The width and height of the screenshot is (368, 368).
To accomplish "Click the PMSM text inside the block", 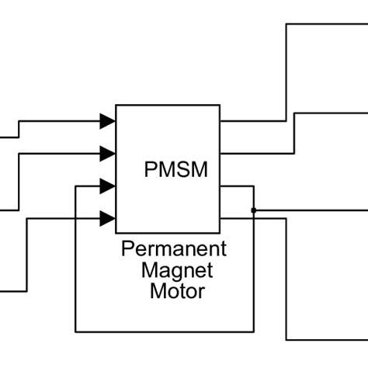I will tap(176, 169).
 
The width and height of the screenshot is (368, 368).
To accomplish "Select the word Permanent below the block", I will tap(174, 249).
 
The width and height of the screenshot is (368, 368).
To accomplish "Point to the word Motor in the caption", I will tap(177, 292).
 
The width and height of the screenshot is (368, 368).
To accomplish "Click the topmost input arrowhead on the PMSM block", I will tap(108, 121).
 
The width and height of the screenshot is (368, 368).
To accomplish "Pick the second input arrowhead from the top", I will tap(108, 153).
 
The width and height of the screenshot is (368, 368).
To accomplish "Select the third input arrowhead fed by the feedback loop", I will tap(108, 186).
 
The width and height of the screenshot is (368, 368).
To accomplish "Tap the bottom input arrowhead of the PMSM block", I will tap(108, 218).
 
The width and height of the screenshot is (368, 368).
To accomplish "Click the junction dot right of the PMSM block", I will tap(254, 210).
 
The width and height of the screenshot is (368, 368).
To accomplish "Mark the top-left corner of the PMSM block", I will tap(116, 105).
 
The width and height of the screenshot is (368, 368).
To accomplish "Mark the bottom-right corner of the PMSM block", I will tap(220, 233).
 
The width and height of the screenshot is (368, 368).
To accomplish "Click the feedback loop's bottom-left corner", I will tap(75, 332).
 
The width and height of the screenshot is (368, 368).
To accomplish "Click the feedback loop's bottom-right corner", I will tap(254, 332).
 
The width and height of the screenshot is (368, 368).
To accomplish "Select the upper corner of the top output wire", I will tap(287, 24).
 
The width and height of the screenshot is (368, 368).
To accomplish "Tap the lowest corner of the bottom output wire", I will tap(287, 339).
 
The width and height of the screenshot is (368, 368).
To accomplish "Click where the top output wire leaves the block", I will tap(221, 121).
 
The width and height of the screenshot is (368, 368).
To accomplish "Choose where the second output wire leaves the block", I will tap(221, 153).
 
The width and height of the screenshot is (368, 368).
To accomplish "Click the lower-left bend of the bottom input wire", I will tap(27, 291).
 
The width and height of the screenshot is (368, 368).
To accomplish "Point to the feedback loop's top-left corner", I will tap(75, 186).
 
